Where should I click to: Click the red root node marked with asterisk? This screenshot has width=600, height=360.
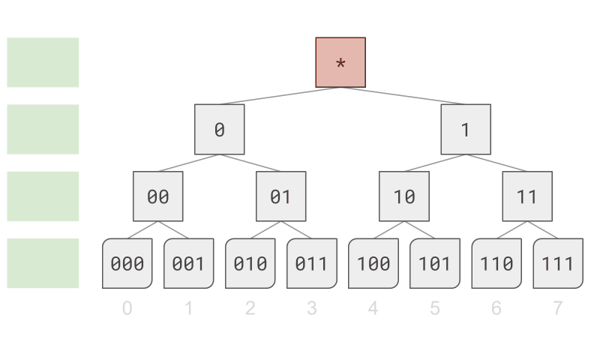tap(340, 62)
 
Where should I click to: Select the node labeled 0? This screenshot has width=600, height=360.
tap(219, 129)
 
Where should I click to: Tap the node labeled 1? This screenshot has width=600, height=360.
tap(466, 129)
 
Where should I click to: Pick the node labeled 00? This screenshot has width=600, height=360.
tap(157, 196)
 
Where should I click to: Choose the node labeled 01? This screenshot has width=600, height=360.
tap(280, 196)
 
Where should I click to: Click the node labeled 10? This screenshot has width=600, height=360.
tap(404, 196)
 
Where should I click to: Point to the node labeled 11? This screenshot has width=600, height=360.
tap(527, 196)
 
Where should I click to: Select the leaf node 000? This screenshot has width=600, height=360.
tap(127, 263)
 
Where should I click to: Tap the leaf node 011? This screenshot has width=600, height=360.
tap(311, 263)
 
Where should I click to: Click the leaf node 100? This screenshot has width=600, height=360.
tap(373, 263)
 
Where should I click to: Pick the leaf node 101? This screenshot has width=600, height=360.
tap(434, 263)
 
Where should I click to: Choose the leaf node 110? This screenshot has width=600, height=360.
tap(496, 263)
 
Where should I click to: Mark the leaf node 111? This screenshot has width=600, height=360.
tap(557, 263)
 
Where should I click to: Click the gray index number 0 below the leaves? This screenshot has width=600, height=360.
tap(127, 307)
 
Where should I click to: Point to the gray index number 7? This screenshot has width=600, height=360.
tap(557, 307)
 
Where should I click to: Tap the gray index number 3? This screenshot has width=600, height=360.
tap(311, 307)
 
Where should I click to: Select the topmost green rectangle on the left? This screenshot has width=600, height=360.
tap(43, 62)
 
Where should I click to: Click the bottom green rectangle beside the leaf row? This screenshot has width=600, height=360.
tap(43, 263)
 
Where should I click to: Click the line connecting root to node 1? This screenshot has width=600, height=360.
tap(403, 96)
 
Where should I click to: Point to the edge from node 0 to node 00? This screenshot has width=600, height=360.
tap(188, 163)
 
